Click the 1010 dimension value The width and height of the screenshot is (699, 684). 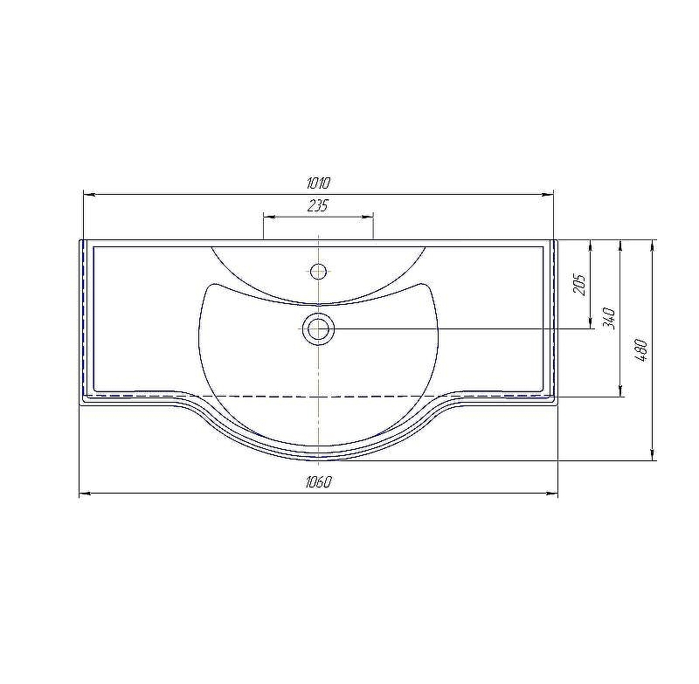(318, 183)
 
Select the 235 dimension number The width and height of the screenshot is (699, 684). (318, 206)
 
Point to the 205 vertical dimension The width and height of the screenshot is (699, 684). (579, 284)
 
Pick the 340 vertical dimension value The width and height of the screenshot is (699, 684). (610, 318)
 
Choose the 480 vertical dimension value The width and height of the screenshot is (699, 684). (640, 349)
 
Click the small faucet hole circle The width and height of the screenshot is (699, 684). (319, 270)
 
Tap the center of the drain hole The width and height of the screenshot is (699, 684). (319, 329)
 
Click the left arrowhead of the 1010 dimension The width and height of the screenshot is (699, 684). (87, 194)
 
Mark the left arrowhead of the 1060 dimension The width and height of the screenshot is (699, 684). (84, 494)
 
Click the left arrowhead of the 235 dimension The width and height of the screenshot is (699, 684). (268, 215)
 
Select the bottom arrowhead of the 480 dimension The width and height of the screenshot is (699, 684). (653, 454)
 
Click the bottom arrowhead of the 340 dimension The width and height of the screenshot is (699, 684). (620, 391)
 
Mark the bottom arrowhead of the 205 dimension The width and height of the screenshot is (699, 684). (592, 323)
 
